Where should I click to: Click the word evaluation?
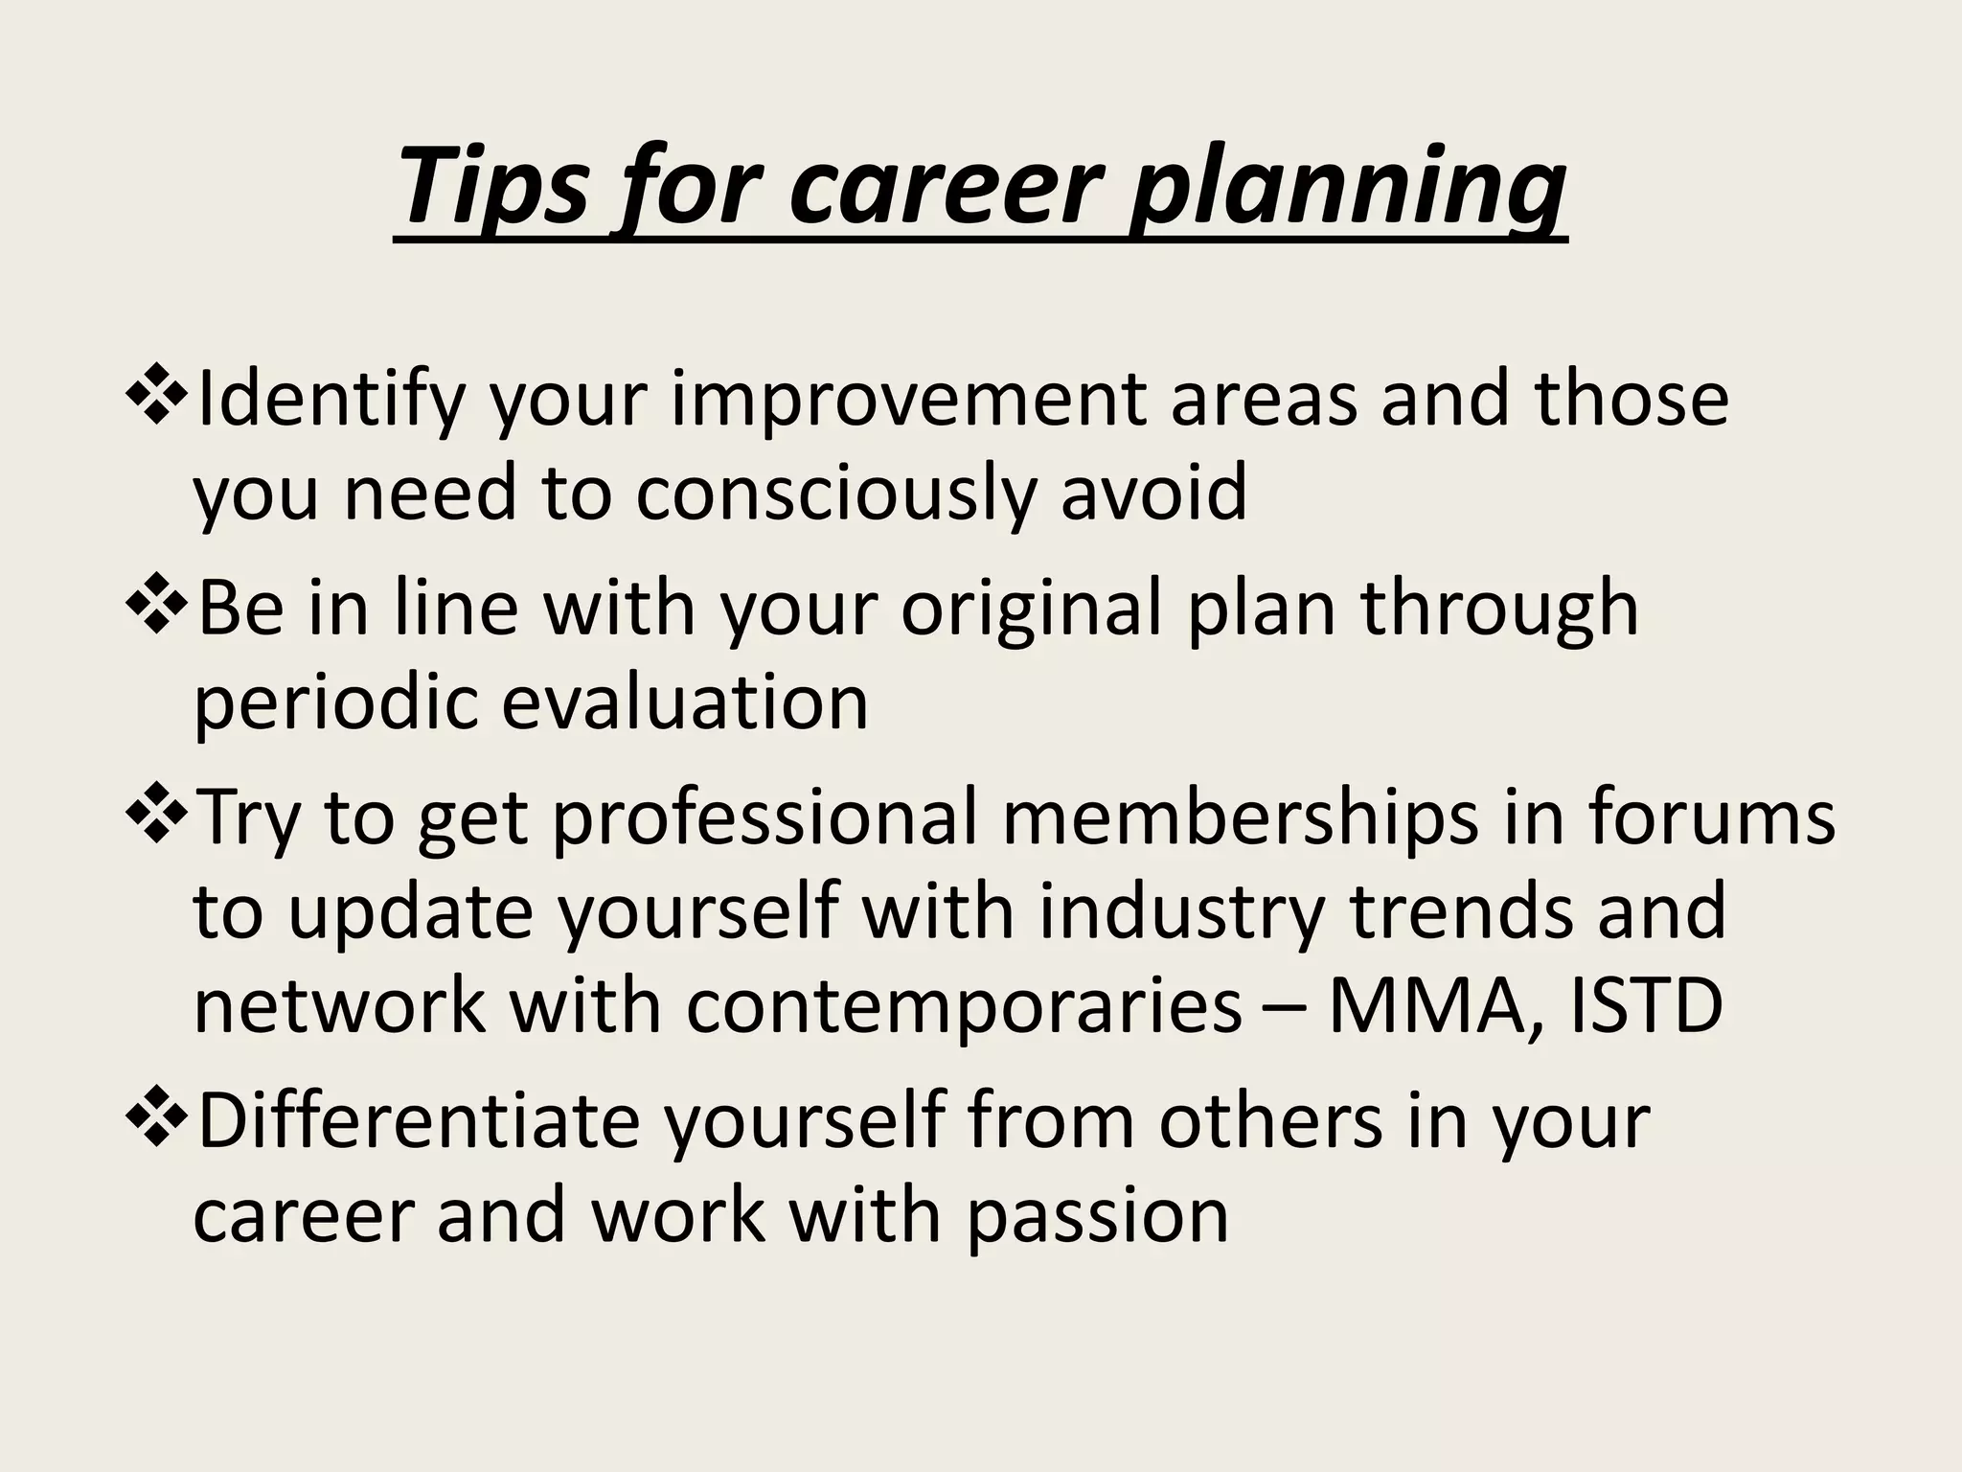[685, 702]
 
